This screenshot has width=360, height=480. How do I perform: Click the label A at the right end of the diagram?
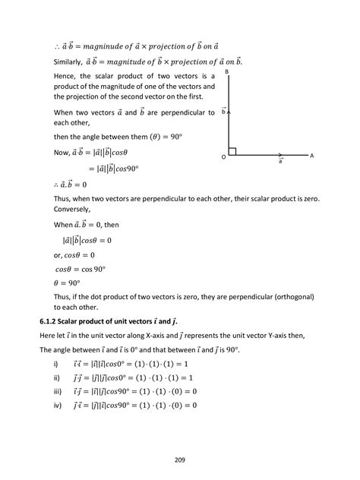(311, 155)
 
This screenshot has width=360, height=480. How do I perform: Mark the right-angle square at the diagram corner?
(232, 151)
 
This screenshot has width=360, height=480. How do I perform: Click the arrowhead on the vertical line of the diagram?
(229, 112)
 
